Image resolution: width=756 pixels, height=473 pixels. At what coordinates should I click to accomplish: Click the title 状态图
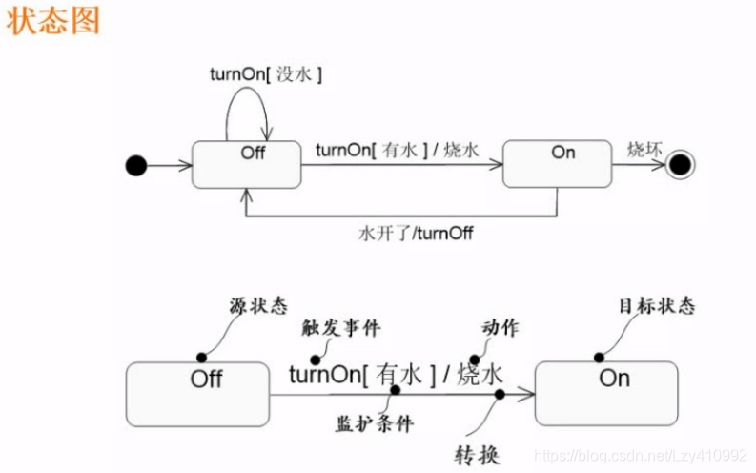tap(53, 21)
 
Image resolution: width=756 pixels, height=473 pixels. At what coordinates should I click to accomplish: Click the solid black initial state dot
tap(136, 166)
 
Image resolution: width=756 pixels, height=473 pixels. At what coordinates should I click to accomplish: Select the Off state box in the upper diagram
tap(247, 165)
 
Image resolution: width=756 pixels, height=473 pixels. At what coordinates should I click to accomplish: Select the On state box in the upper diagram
tap(557, 164)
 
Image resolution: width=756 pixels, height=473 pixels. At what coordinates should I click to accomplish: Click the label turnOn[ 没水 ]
tap(265, 73)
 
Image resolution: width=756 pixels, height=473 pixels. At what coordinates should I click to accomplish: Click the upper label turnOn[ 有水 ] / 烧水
tap(397, 150)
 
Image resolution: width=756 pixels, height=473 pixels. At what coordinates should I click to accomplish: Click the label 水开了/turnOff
tap(416, 232)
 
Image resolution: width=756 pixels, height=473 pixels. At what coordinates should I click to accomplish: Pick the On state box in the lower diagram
tap(607, 393)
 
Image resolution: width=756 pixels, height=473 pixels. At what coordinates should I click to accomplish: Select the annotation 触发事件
tap(340, 329)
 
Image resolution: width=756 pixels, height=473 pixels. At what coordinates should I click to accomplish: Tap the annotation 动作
tap(500, 328)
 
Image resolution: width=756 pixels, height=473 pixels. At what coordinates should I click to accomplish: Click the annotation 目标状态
tap(656, 306)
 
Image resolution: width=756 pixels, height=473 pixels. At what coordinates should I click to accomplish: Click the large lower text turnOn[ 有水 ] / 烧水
tap(396, 374)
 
